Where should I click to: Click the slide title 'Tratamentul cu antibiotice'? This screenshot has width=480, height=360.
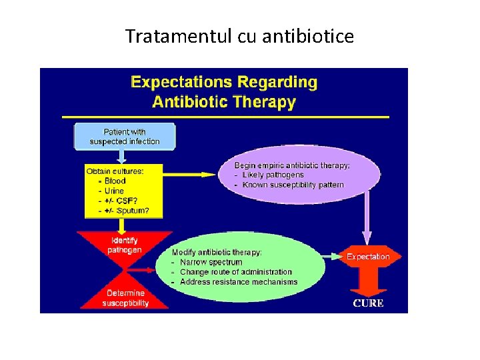click(x=239, y=36)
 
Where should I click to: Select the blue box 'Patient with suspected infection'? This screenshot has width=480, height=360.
click(x=125, y=137)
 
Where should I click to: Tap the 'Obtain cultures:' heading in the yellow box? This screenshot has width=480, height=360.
click(x=115, y=171)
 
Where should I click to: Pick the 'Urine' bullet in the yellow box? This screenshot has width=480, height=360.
click(x=114, y=191)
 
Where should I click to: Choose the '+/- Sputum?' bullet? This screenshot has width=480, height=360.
click(x=123, y=211)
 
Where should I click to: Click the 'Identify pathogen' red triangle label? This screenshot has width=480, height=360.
click(x=125, y=245)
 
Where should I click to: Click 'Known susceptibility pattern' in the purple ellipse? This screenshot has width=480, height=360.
click(x=293, y=185)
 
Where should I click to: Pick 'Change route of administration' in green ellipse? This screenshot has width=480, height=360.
click(x=236, y=272)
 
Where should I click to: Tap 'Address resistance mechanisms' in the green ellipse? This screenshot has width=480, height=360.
click(x=239, y=282)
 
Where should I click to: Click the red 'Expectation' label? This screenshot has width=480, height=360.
click(x=368, y=257)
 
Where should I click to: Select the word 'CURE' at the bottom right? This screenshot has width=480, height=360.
click(x=368, y=303)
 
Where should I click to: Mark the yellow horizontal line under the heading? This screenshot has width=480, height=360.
click(x=225, y=117)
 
